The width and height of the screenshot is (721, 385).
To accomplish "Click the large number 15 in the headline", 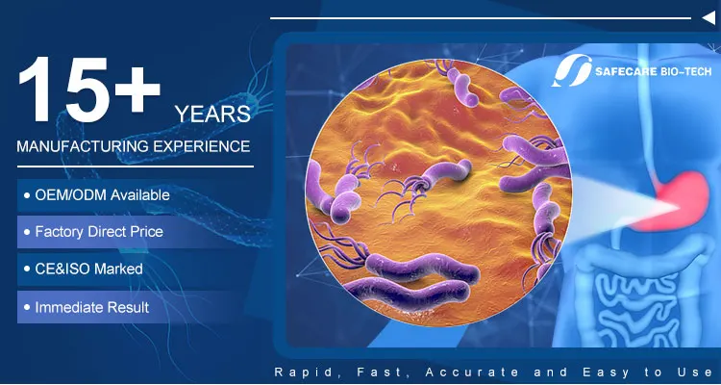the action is tap(64, 89).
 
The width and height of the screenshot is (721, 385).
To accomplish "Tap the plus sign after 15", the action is tap(137, 89).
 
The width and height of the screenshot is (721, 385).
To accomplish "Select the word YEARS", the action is tap(212, 115).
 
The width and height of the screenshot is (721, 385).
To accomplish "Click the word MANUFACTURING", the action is tap(83, 146).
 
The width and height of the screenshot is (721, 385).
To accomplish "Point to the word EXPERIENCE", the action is tap(202, 146).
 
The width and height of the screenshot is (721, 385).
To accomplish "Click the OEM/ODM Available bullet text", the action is tap(102, 195).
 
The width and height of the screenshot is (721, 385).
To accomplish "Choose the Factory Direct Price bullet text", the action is tap(99, 231).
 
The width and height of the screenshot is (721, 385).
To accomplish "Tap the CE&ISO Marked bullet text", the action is tap(88, 269).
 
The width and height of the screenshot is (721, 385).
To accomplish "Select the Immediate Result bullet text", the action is tap(92, 307).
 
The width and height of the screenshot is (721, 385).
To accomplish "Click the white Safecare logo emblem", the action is tap(572, 70).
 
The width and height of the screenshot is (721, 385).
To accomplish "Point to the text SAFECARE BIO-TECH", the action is tap(653, 71).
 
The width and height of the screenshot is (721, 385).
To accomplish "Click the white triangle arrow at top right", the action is tap(709, 18).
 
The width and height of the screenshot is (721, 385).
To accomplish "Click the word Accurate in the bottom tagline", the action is tap(472, 372).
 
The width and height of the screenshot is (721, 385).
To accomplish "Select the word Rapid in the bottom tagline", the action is tap(303, 372).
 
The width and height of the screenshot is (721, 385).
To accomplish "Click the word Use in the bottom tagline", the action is tap(695, 372).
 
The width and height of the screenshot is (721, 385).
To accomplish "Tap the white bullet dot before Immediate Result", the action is tap(27, 307).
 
